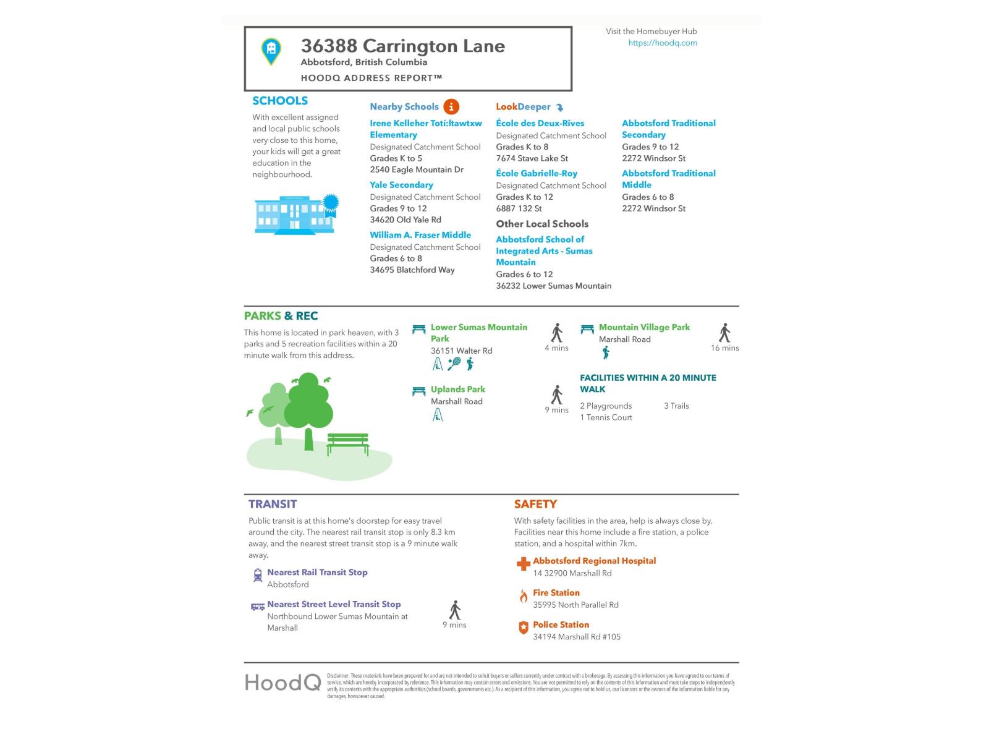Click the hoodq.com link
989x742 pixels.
tap(663, 43)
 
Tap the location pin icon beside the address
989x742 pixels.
tap(271, 51)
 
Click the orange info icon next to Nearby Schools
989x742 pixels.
tap(451, 106)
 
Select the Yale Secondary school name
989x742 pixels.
tap(401, 185)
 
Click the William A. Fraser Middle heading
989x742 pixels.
tap(420, 235)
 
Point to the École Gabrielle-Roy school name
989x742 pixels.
tap(537, 173)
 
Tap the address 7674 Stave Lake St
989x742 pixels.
tap(532, 158)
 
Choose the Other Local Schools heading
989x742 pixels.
tap(542, 224)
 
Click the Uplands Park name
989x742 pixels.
tap(457, 389)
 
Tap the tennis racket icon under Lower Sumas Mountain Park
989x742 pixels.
tap(454, 364)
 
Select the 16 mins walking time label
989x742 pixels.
tap(724, 348)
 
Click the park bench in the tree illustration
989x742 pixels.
tap(347, 443)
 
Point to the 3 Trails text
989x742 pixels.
tap(676, 406)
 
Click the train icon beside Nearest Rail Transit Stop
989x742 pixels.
tap(258, 576)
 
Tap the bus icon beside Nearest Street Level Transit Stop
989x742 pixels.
tap(257, 607)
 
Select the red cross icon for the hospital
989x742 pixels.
tap(523, 563)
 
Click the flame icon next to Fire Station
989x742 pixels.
tap(523, 596)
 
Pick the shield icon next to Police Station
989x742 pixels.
tap(523, 628)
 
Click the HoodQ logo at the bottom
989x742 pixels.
tap(282, 682)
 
